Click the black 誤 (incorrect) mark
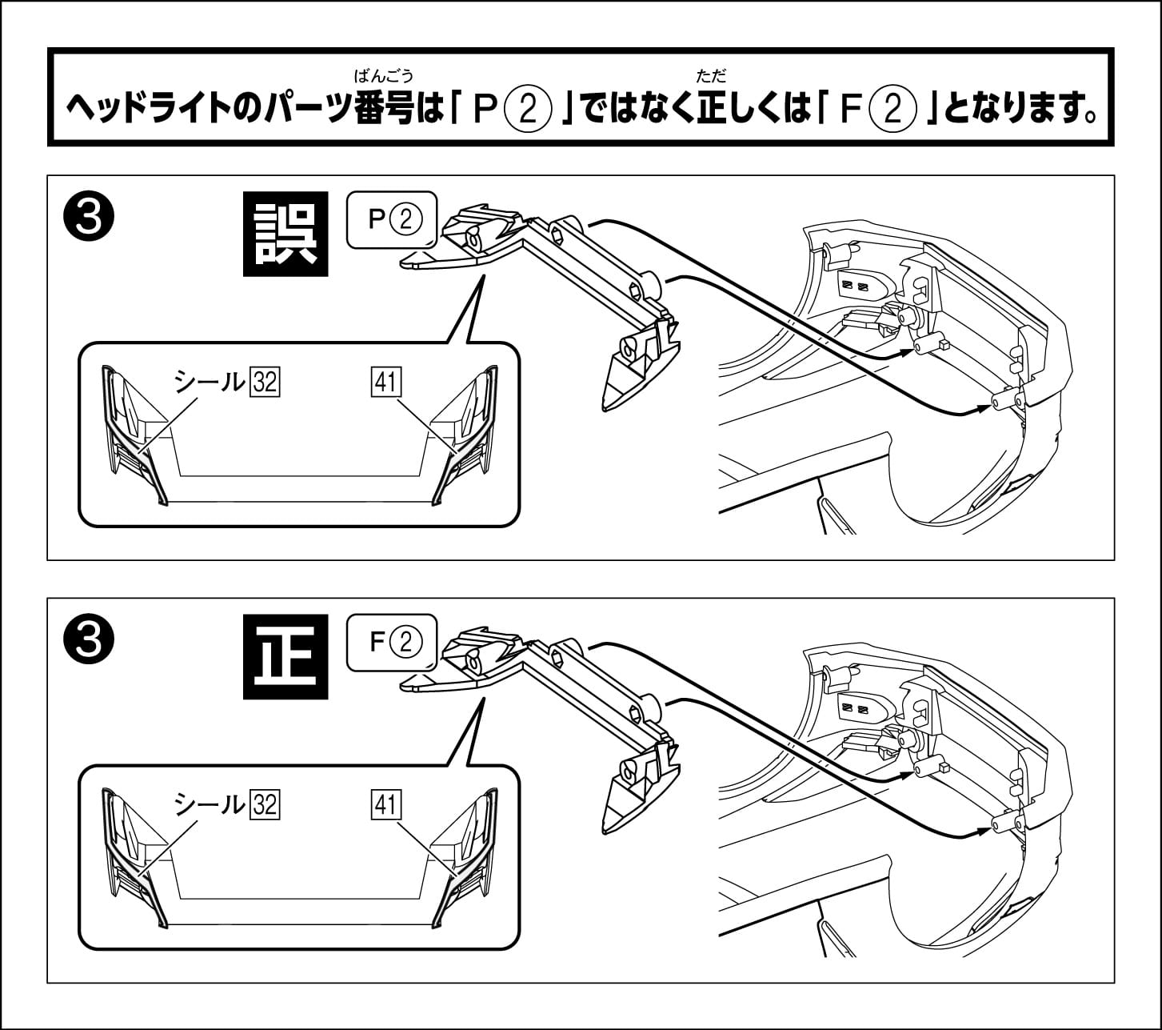[x=286, y=234]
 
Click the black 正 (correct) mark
[x=286, y=656]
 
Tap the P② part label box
[x=393, y=218]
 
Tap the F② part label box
[x=393, y=641]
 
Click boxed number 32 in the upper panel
[x=264, y=383]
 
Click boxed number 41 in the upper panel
[x=386, y=383]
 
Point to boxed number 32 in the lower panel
[x=264, y=804]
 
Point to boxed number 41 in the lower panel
[x=386, y=804]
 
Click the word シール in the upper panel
[x=210, y=383]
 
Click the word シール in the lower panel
[x=210, y=804]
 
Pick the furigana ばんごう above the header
[x=384, y=77]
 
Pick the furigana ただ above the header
[x=711, y=77]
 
